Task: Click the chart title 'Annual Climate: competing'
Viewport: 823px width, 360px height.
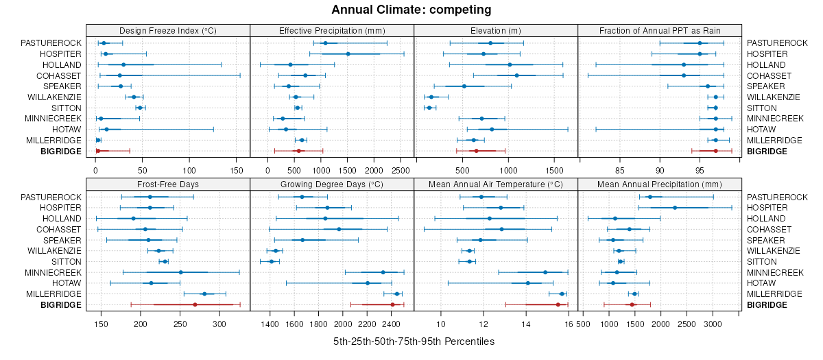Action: [411, 10]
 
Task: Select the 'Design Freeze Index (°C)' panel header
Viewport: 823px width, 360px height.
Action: [168, 30]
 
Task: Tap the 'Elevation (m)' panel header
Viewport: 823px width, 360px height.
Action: [496, 30]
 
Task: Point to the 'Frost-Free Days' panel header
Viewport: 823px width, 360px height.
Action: [168, 184]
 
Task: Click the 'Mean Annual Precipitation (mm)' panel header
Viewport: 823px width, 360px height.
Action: [660, 184]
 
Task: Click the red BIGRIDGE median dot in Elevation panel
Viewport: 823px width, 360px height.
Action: [476, 151]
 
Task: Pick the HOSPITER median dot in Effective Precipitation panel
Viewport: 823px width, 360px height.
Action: [348, 53]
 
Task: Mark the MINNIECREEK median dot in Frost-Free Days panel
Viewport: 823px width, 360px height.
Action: [180, 272]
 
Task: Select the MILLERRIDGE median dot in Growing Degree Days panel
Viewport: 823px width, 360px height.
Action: [396, 293]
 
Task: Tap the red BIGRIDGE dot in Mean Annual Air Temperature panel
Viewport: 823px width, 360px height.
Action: [558, 304]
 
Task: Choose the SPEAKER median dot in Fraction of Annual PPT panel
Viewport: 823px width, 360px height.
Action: [708, 86]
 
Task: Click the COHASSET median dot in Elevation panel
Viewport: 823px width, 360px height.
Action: [516, 75]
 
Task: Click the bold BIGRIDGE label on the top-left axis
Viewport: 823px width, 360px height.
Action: [61, 151]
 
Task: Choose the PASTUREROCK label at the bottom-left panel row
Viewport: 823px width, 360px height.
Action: [51, 197]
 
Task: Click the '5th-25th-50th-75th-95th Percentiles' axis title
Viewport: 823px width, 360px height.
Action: [414, 341]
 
